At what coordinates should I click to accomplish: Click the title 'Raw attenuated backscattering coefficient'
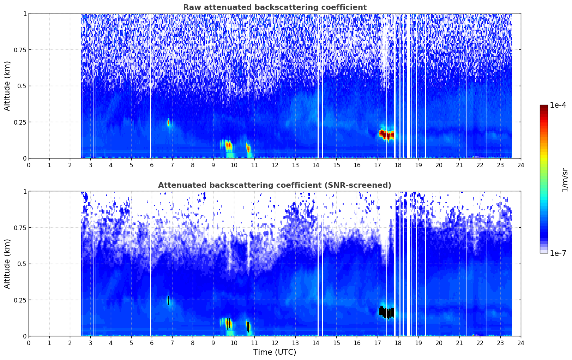(x=275, y=7)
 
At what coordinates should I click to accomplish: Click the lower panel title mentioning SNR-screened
(x=275, y=185)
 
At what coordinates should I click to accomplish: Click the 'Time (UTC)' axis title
(x=275, y=352)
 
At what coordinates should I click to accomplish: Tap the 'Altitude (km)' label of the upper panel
(x=7, y=86)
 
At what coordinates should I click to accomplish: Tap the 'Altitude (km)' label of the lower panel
(x=7, y=264)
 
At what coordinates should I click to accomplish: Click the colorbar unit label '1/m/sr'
(x=565, y=180)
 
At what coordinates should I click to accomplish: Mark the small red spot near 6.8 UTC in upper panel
(x=168, y=122)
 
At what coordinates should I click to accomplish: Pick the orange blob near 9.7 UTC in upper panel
(x=228, y=145)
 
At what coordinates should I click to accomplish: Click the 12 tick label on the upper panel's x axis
(x=275, y=165)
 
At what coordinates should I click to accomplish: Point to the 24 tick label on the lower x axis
(x=520, y=343)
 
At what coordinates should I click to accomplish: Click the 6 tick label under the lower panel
(x=152, y=343)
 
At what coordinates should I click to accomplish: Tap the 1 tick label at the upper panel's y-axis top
(x=25, y=13)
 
